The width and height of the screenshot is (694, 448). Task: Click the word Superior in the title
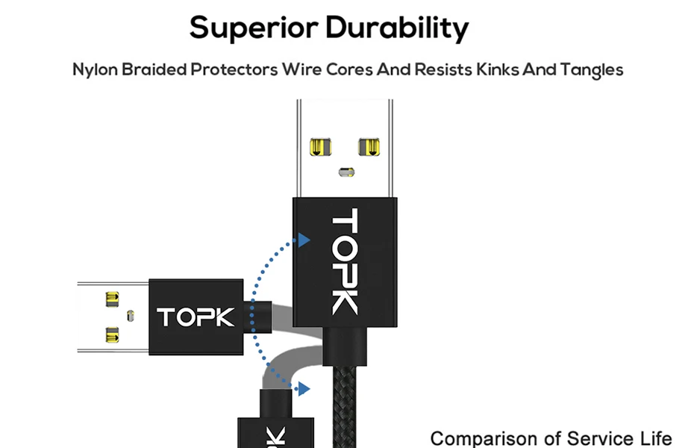click(254, 28)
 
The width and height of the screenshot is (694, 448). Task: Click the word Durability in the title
click(397, 28)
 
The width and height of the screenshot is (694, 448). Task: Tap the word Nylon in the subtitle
click(96, 70)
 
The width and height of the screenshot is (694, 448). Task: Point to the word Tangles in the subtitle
click(592, 70)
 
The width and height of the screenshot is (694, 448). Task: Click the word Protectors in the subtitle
click(234, 69)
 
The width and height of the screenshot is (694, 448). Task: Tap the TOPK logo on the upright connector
click(345, 261)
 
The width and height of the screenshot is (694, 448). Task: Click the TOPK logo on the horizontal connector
click(196, 317)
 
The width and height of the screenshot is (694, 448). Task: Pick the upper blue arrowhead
click(304, 240)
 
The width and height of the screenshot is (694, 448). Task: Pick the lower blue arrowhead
click(304, 389)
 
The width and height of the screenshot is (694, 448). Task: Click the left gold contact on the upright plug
click(320, 147)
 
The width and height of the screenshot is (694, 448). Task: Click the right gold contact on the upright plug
click(369, 147)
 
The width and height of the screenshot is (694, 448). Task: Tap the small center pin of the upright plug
click(346, 172)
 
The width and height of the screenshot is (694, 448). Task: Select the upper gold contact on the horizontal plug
click(112, 299)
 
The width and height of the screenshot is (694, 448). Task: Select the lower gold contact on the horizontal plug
click(112, 335)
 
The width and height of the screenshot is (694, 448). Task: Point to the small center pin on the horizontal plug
click(131, 316)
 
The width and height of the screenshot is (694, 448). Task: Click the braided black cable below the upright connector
click(344, 407)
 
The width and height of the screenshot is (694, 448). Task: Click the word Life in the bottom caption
click(657, 438)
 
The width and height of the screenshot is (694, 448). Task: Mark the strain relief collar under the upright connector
click(345, 346)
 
